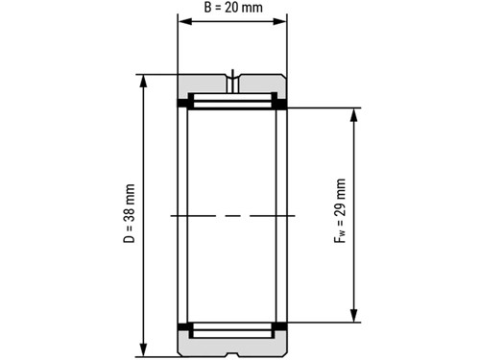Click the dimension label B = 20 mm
point(233,8)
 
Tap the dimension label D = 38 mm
point(130,213)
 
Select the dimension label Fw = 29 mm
point(340,211)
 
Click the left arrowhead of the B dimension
point(185,21)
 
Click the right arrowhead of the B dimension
point(279,21)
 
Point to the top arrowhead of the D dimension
point(144,82)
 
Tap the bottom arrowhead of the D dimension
point(144,349)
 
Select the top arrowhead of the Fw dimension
point(353,115)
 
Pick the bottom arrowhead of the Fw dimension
point(353,316)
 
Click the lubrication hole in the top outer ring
point(232,84)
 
